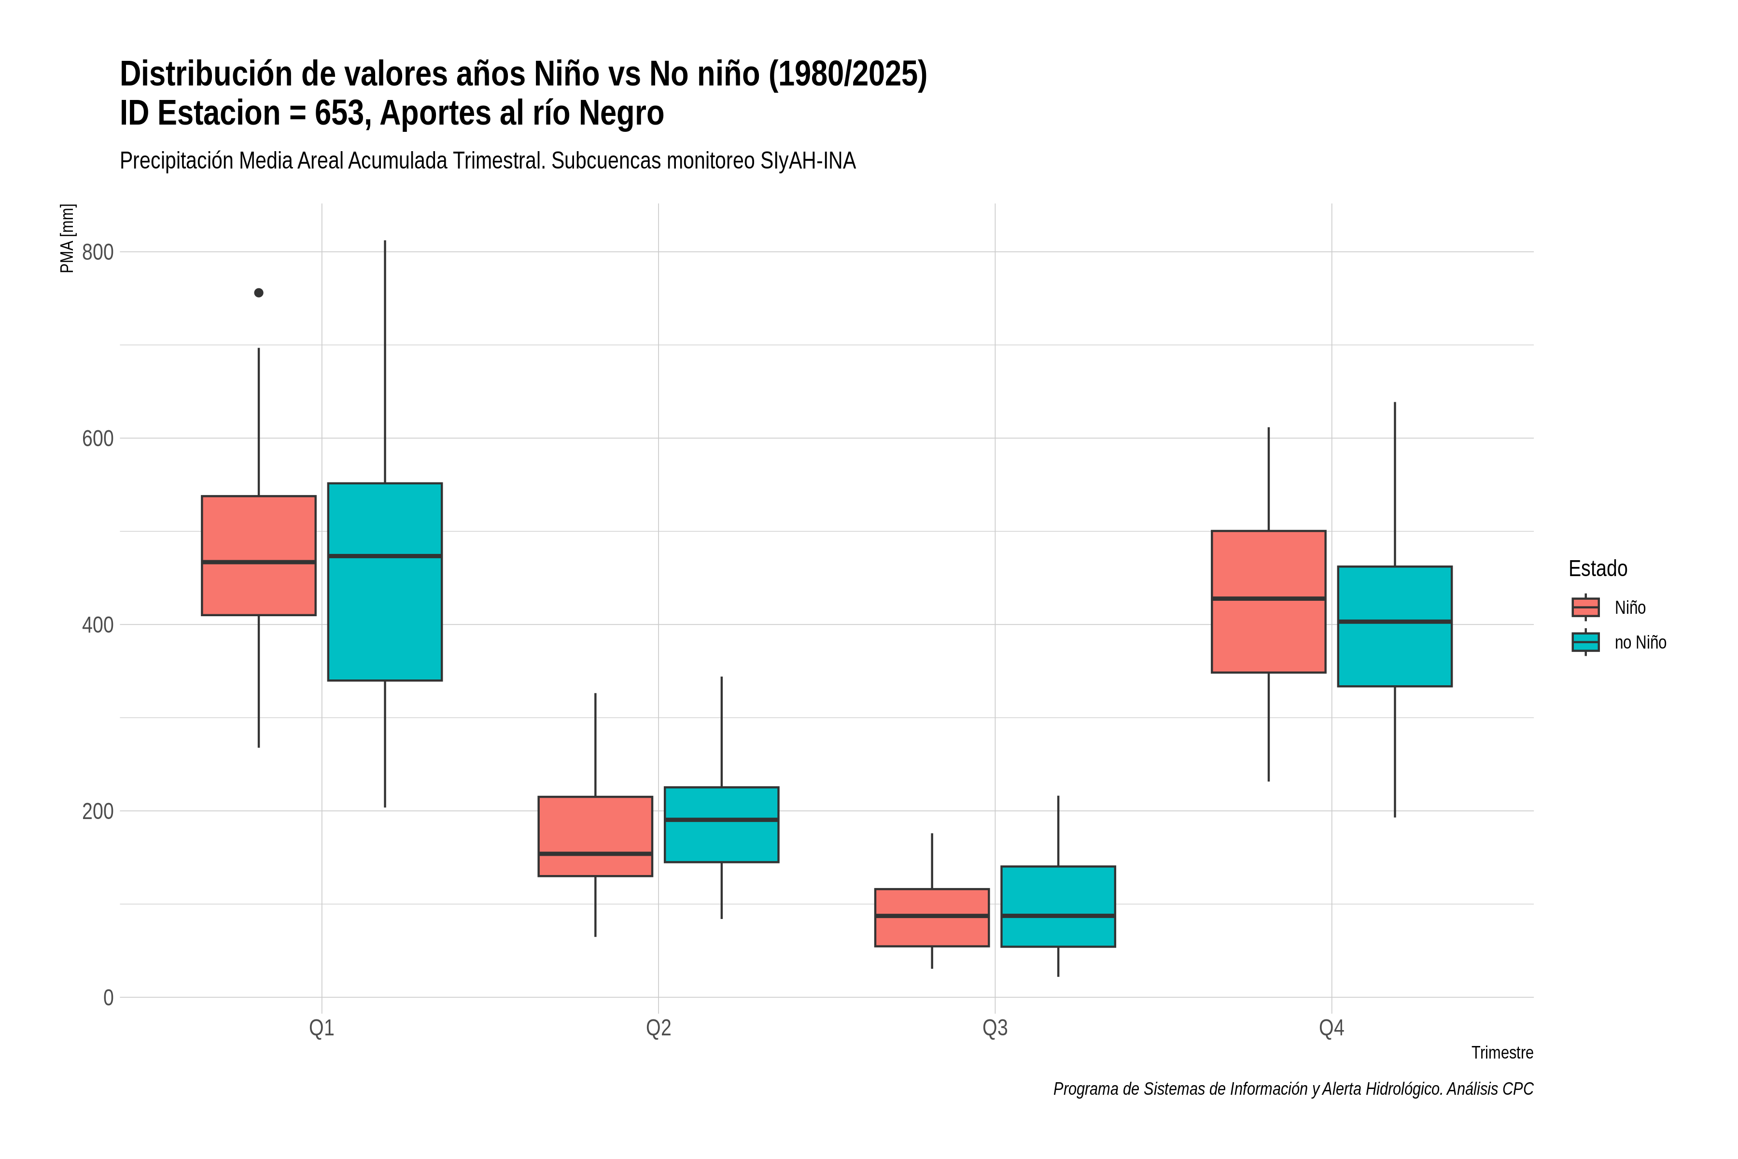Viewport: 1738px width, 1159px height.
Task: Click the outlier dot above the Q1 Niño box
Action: click(x=259, y=293)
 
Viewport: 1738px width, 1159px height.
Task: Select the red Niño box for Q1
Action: click(x=259, y=555)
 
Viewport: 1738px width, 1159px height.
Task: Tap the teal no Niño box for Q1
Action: click(x=385, y=582)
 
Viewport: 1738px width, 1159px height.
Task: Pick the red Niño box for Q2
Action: click(x=596, y=836)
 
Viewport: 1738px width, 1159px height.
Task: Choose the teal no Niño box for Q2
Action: click(x=721, y=824)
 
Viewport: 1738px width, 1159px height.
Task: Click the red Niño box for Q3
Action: click(x=932, y=917)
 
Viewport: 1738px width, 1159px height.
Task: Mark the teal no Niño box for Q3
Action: click(x=1058, y=906)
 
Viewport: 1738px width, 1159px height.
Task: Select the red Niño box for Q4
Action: click(x=1269, y=602)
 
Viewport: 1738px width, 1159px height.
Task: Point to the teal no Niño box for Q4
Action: click(x=1395, y=626)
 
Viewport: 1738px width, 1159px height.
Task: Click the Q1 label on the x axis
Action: click(x=322, y=1028)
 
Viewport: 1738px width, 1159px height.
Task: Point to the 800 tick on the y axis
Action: click(x=98, y=252)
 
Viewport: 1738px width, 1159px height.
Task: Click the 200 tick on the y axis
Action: click(x=98, y=811)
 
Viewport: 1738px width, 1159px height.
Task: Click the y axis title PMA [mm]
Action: click(x=67, y=238)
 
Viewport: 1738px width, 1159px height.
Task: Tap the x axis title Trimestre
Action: click(x=1502, y=1053)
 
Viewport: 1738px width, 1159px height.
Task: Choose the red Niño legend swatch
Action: click(x=1586, y=608)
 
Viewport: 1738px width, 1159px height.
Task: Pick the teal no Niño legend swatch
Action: click(x=1586, y=642)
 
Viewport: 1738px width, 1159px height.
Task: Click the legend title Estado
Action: click(x=1598, y=568)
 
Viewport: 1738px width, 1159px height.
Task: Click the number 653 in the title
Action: click(x=342, y=113)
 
